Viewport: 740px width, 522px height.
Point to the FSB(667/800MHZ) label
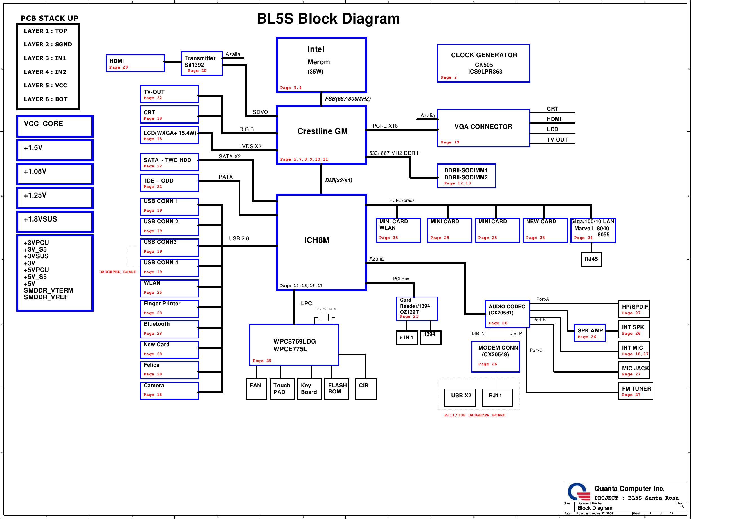click(x=347, y=99)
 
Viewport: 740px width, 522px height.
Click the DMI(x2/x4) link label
click(x=338, y=181)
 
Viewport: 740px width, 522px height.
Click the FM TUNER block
click(x=635, y=391)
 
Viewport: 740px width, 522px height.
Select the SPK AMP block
click(x=589, y=333)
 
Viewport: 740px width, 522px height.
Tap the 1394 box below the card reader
click(x=430, y=338)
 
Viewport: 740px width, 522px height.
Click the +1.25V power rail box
click(x=55, y=198)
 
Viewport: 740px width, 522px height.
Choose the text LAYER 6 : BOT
click(x=46, y=99)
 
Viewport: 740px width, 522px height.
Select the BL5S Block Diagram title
click(x=328, y=19)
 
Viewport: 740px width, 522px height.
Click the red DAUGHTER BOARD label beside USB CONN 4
click(x=118, y=272)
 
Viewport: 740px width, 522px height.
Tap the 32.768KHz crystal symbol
click(x=325, y=318)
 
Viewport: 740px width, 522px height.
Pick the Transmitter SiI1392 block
click(x=201, y=63)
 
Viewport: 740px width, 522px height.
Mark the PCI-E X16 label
click(x=385, y=126)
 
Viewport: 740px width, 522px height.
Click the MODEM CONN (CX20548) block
click(x=495, y=357)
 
